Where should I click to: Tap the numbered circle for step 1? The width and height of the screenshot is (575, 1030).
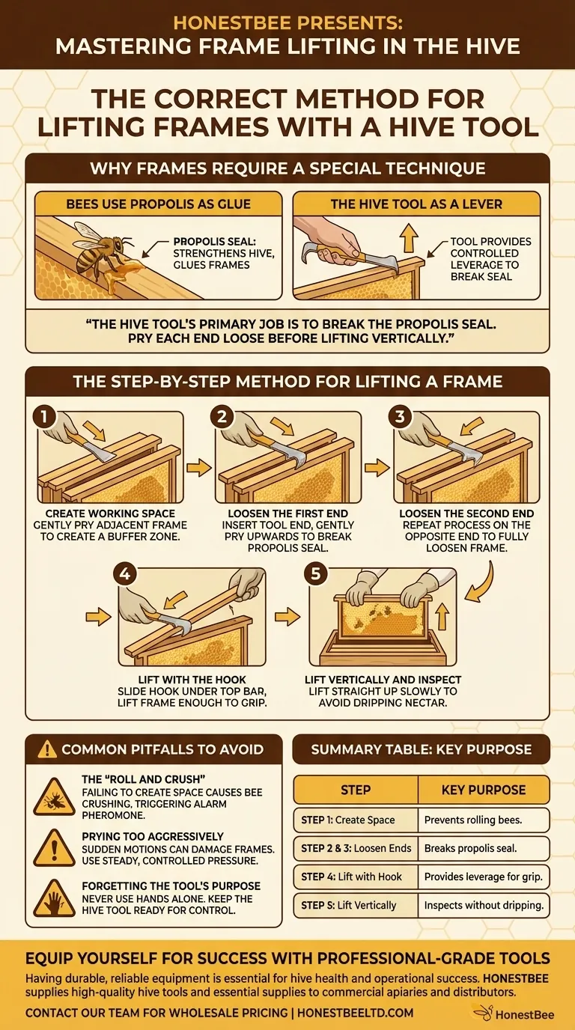tap(44, 417)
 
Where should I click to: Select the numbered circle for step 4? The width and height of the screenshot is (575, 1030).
tap(125, 574)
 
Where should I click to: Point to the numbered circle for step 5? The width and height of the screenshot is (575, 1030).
tap(315, 574)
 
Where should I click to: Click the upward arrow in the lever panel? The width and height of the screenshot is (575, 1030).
tap(409, 237)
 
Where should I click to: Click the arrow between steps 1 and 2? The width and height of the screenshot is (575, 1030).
tap(198, 468)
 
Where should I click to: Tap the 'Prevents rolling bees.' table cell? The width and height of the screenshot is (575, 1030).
tap(484, 820)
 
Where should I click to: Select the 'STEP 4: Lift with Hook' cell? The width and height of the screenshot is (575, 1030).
tap(356, 877)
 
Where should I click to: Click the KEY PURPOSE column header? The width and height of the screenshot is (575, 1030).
tap(484, 790)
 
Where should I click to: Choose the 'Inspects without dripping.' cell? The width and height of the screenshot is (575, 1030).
tap(484, 905)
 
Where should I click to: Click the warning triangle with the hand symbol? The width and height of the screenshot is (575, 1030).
tap(54, 900)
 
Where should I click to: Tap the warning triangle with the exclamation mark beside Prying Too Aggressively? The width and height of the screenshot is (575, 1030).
tap(54, 848)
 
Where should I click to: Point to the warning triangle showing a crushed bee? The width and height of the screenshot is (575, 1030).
tap(54, 797)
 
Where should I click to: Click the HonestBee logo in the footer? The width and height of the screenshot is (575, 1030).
tap(514, 1014)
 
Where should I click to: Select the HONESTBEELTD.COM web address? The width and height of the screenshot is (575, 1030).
tap(355, 1013)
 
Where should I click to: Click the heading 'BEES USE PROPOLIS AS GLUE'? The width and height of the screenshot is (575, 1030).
tap(158, 204)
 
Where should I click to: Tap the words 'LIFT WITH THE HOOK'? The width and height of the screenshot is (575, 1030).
tap(192, 680)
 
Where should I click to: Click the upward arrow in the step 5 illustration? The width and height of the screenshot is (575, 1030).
tap(442, 617)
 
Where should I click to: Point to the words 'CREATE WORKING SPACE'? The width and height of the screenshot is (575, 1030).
tap(110, 514)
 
